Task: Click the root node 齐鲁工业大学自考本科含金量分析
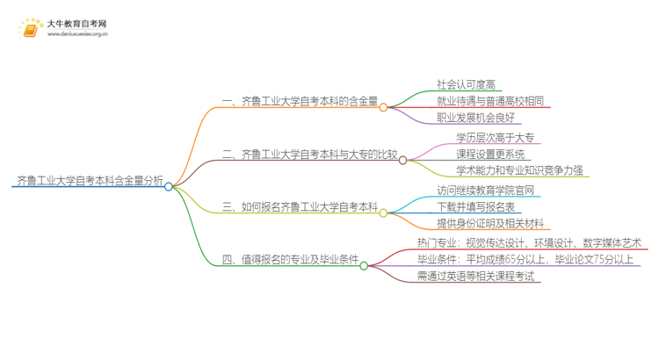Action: (88, 182)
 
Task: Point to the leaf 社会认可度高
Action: (467, 85)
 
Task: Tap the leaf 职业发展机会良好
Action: (475, 119)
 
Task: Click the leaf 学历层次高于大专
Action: (495, 137)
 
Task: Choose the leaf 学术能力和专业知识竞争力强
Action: (518, 170)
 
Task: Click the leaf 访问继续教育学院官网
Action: (485, 190)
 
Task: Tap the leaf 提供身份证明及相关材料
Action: (490, 223)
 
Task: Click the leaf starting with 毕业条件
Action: (525, 259)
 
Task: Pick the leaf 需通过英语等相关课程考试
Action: (475, 276)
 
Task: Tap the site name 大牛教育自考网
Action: (77, 24)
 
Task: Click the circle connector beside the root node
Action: (169, 186)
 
